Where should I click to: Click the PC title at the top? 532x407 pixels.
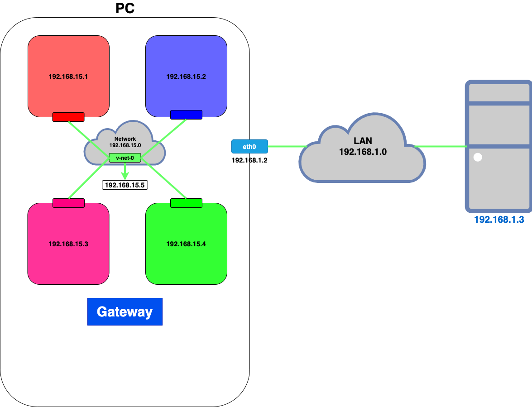(x=125, y=8)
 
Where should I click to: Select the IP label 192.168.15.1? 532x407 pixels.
(x=68, y=77)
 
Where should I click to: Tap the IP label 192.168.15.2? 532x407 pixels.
(x=186, y=77)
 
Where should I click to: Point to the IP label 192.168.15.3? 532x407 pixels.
(x=68, y=244)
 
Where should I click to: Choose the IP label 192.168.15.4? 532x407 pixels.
(x=186, y=244)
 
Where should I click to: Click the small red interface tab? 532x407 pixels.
(x=68, y=117)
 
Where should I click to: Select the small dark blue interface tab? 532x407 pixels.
(x=186, y=115)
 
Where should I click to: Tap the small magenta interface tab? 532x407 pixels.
(x=68, y=203)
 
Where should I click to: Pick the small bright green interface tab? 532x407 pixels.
(x=186, y=203)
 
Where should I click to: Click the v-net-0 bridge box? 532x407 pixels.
(x=125, y=158)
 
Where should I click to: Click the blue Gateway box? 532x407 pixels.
(x=125, y=312)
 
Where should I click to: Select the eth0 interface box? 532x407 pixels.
(x=249, y=146)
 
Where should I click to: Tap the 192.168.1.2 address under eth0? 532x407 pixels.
(x=249, y=160)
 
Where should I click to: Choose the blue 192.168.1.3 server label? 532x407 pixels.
(x=498, y=220)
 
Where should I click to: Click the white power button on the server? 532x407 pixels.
(x=477, y=158)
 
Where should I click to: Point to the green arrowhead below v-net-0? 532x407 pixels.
(x=125, y=175)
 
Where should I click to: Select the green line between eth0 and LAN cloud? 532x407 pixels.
(x=288, y=146)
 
